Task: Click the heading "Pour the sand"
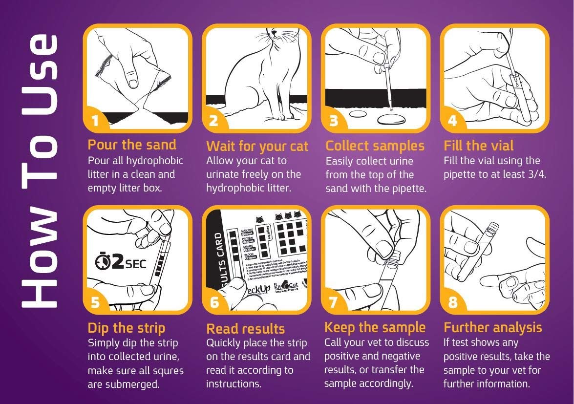point(132,145)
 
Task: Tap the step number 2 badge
point(213,121)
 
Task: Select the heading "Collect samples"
point(375,146)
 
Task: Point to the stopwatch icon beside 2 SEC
point(103,263)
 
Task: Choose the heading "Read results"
point(246,328)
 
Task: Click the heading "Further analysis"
point(492,327)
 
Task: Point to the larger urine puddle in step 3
point(392,119)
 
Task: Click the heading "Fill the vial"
point(478,146)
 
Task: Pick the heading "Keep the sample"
point(375,327)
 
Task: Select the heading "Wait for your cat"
point(257,146)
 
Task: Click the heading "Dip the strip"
point(127,328)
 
